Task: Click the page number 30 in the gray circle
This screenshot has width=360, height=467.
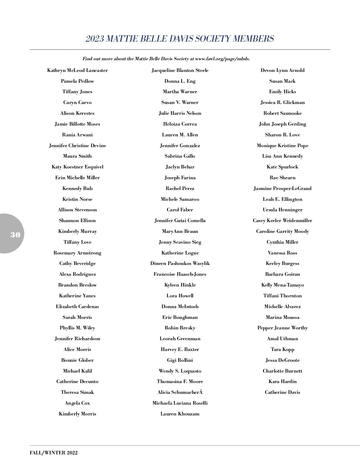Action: (x=15, y=235)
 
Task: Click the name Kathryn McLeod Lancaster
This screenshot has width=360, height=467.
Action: (x=77, y=70)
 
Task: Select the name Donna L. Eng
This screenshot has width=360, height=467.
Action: (x=180, y=81)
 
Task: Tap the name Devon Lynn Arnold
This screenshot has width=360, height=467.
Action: (x=283, y=70)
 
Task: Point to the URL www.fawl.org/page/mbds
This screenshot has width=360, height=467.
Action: (x=222, y=59)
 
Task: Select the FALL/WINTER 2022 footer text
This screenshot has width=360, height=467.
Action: (x=54, y=453)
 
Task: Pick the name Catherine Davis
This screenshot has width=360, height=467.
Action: (x=283, y=392)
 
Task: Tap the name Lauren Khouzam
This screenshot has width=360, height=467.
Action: (x=180, y=414)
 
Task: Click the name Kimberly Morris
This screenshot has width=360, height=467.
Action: (x=77, y=414)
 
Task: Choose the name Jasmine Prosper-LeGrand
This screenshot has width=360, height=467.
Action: (x=283, y=189)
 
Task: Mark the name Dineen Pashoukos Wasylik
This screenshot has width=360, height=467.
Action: (x=180, y=263)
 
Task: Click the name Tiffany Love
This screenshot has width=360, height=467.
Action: (x=77, y=242)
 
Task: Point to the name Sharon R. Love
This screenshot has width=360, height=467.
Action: (x=283, y=135)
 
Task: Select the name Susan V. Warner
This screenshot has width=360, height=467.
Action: (x=180, y=103)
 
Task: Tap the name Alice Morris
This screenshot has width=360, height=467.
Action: (x=77, y=350)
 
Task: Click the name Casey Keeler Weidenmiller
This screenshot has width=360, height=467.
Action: (x=283, y=221)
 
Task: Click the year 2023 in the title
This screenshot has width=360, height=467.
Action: (x=94, y=39)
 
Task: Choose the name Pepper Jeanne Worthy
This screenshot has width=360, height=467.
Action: (x=283, y=328)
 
